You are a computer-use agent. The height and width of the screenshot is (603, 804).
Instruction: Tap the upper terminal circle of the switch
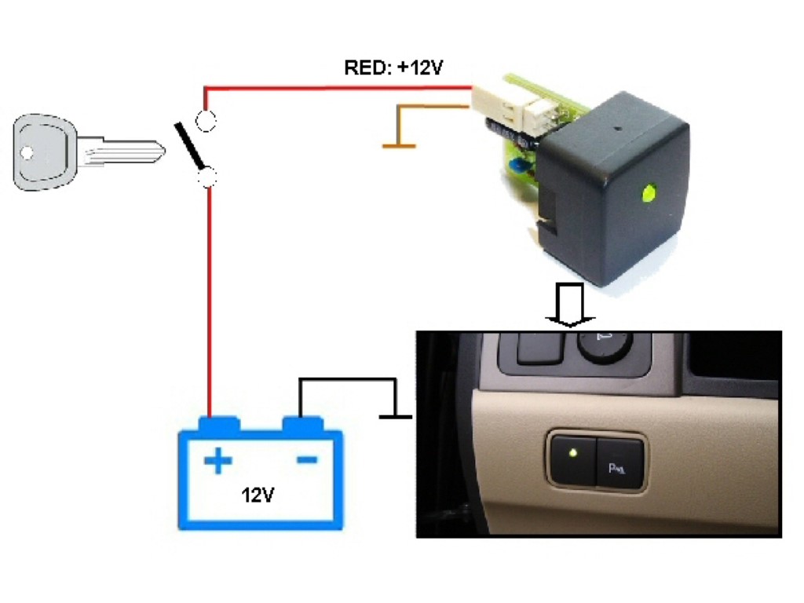click(206, 121)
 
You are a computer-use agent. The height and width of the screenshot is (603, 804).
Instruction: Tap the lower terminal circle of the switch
click(208, 179)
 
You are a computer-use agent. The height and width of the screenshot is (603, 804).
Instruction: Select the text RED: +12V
click(394, 68)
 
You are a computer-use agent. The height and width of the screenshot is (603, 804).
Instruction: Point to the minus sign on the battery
click(306, 460)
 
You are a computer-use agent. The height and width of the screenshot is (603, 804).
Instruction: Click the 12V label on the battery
click(258, 495)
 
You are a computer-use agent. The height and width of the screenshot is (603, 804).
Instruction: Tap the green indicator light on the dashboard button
click(574, 453)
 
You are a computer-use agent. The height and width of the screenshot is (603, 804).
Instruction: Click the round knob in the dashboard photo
click(605, 343)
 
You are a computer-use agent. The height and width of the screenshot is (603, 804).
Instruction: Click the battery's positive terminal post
click(218, 424)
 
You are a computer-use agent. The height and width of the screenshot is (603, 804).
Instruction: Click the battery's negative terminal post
click(302, 424)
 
